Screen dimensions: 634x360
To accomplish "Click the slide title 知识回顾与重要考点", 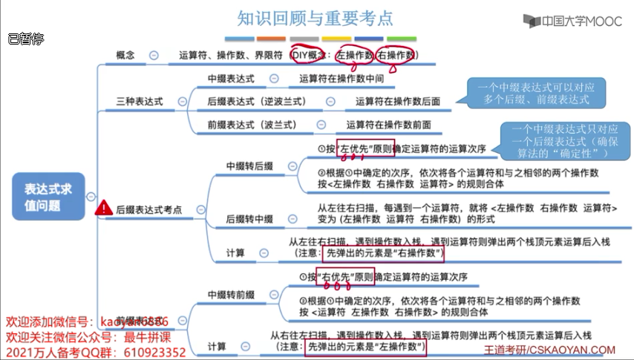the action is pyautogui.click(x=316, y=17).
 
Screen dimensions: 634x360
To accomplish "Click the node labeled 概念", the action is pyautogui.click(x=125, y=55).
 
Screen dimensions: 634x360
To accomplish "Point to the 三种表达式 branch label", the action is pyautogui.click(x=140, y=101).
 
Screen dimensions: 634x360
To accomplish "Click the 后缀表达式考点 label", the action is pyautogui.click(x=148, y=210).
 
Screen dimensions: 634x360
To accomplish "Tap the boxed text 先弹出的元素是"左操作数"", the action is pyautogui.click(x=366, y=347).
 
